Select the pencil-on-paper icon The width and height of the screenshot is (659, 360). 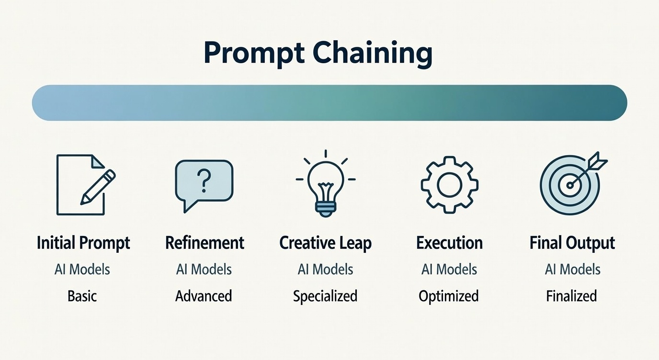click(x=86, y=185)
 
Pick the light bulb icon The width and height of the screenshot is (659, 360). click(x=326, y=184)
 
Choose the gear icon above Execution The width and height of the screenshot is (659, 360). click(x=449, y=185)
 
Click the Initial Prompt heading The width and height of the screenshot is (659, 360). click(x=83, y=243)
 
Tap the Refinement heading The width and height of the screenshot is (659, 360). click(x=205, y=243)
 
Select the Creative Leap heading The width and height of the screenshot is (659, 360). click(x=325, y=243)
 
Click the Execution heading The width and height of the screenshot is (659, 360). click(x=449, y=243)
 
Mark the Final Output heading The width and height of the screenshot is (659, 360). click(x=572, y=243)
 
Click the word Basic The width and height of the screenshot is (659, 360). click(x=82, y=296)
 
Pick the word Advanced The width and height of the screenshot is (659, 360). click(x=204, y=296)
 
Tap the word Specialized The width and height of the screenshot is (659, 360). click(x=325, y=296)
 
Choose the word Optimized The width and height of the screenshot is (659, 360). click(x=449, y=296)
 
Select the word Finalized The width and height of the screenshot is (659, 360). click(x=571, y=296)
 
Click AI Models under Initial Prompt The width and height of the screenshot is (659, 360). click(x=82, y=270)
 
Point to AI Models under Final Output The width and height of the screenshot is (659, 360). click(x=572, y=270)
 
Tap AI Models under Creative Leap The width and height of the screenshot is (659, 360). click(x=325, y=270)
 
